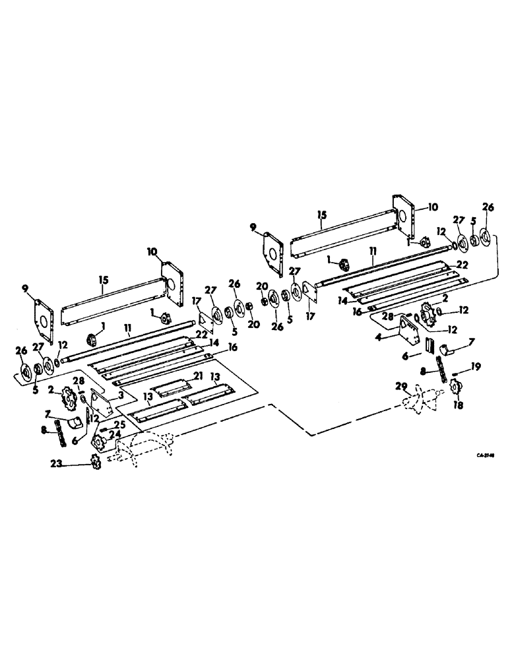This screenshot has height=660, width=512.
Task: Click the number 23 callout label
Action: pos(58,464)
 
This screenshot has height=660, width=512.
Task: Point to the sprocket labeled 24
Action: pos(101,441)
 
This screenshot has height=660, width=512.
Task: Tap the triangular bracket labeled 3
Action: pos(102,402)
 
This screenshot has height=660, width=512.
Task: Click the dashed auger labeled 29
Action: pos(423,397)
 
